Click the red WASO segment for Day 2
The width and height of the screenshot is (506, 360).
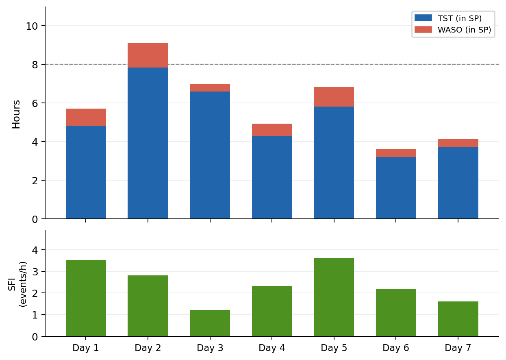tap(148, 55)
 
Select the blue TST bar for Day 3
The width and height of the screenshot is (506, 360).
tap(210, 155)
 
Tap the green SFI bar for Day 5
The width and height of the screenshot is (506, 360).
tap(334, 297)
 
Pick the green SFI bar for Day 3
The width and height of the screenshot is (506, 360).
tap(210, 323)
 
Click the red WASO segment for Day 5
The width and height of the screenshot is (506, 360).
tap(334, 97)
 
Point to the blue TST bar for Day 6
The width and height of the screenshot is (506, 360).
tap(396, 188)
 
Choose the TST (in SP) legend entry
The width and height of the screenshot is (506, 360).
tap(459, 18)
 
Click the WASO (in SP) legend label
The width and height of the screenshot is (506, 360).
tap(464, 30)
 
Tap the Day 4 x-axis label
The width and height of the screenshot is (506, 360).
tap(272, 348)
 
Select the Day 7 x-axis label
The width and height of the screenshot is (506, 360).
tap(458, 348)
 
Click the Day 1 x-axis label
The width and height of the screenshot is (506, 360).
tap(85, 348)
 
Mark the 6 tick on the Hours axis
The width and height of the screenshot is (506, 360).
tap(35, 103)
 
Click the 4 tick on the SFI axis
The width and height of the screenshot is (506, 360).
tap(35, 250)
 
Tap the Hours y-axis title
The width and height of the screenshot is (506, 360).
tap(16, 114)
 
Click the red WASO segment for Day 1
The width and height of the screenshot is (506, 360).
tap(86, 117)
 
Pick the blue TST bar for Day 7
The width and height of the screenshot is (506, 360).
tap(458, 183)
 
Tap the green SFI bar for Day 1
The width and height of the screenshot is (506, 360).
tap(86, 298)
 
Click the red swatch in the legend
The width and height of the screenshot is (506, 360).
tap(423, 30)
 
